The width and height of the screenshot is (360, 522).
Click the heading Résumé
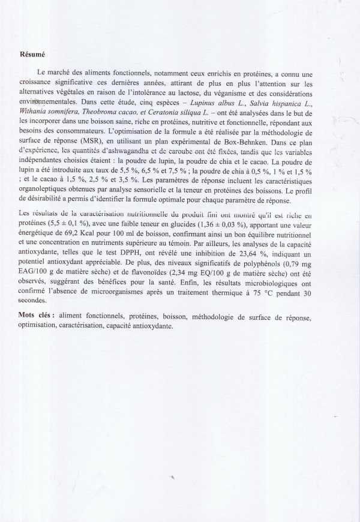click(31, 54)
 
